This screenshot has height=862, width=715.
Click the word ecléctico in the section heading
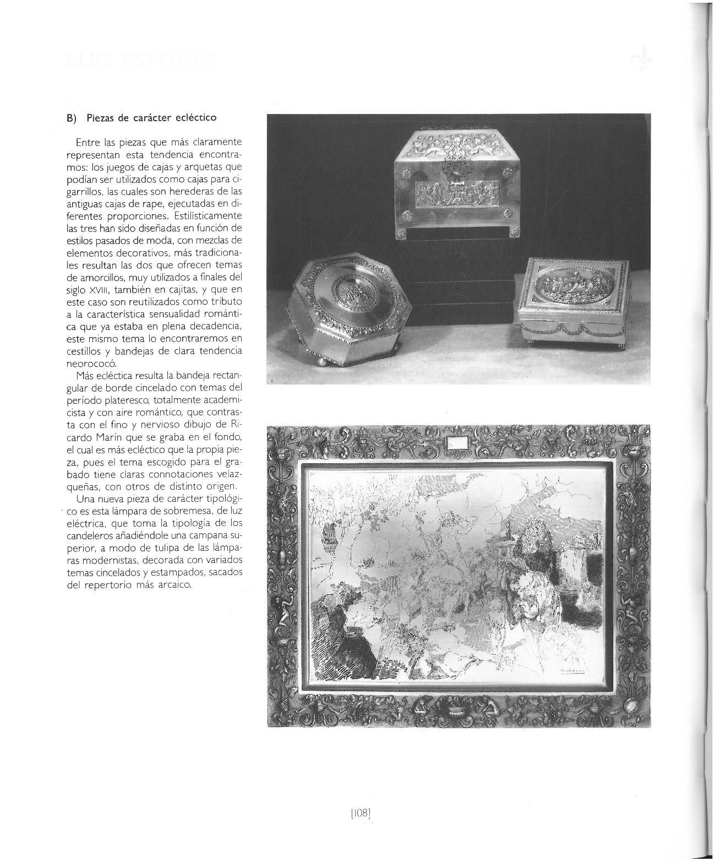tap(195, 118)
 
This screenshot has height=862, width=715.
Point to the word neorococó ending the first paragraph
tap(88, 364)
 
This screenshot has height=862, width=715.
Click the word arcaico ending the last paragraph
tap(173, 585)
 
